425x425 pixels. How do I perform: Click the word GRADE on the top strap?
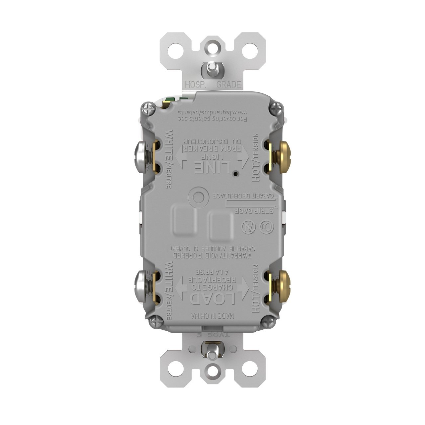[228, 85]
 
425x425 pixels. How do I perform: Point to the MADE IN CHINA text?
[212, 315]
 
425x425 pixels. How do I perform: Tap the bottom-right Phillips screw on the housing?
[268, 321]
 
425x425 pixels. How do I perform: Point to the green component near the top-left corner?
[171, 100]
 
